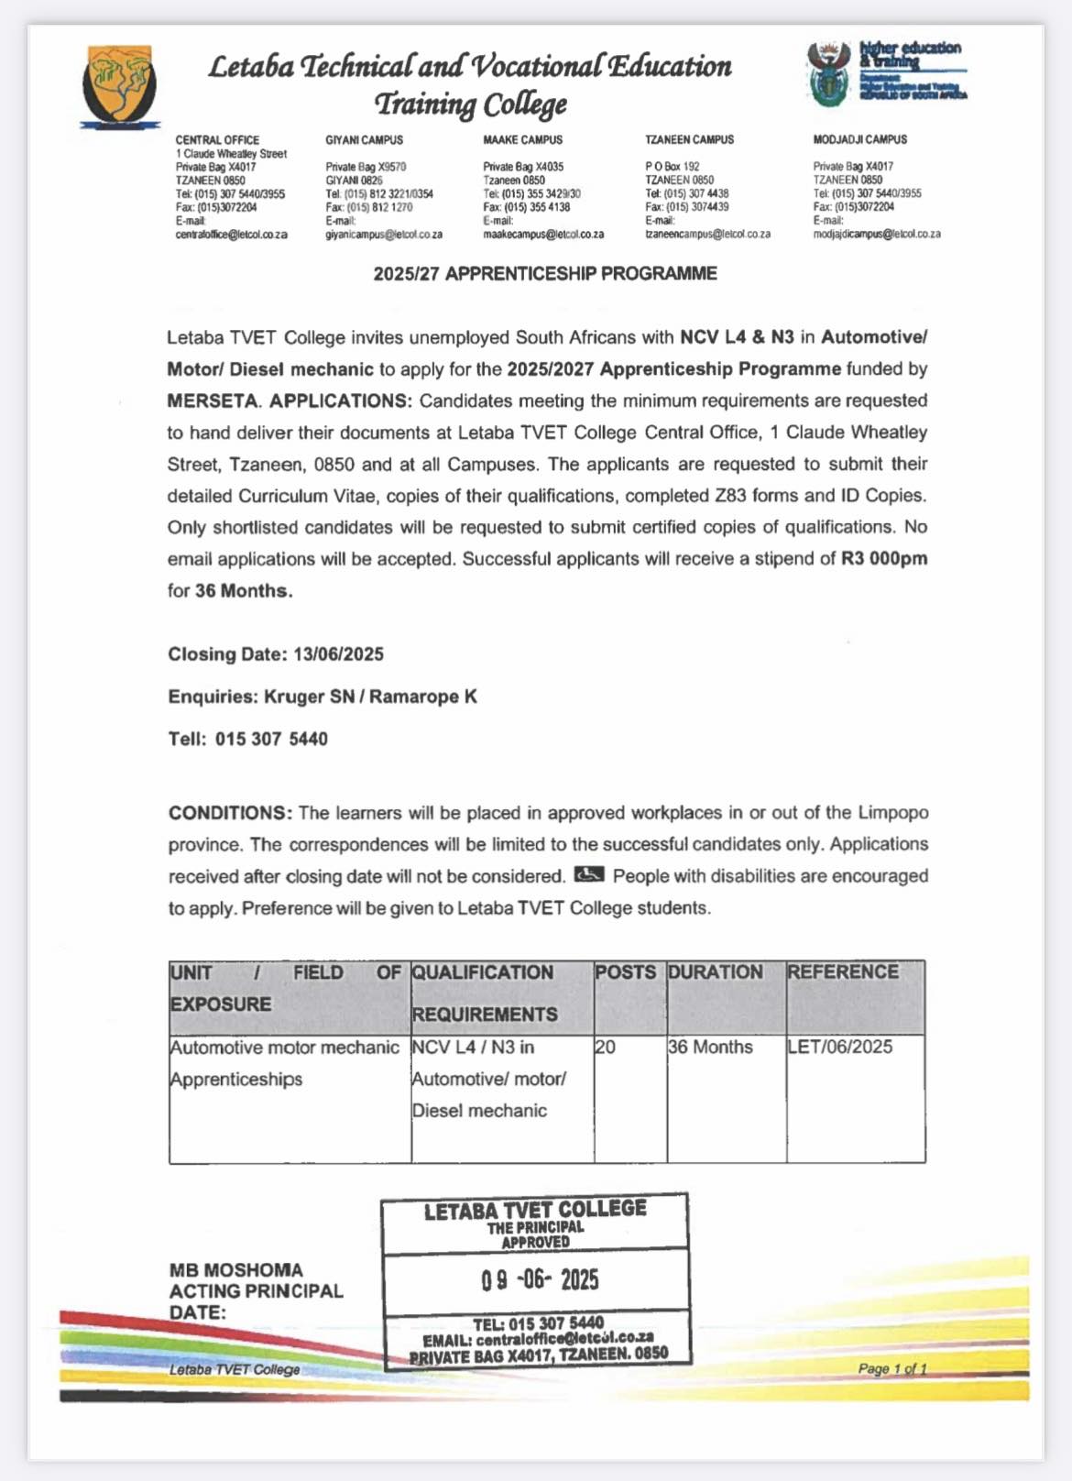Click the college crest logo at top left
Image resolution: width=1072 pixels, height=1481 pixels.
point(120,85)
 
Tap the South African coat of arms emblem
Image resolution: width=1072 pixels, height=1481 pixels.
point(829,73)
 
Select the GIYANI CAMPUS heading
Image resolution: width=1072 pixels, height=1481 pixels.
point(364,140)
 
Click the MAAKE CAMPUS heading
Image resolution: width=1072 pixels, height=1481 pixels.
point(522,140)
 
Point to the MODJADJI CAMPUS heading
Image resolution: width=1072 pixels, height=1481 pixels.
point(859,140)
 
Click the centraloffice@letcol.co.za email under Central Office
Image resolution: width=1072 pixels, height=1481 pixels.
point(231,235)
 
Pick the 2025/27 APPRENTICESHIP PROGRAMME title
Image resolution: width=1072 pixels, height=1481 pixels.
point(545,274)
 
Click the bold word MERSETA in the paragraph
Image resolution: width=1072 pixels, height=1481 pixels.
point(213,400)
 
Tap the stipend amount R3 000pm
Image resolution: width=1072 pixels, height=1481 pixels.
point(884,559)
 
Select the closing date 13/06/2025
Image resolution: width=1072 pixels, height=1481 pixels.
point(338,654)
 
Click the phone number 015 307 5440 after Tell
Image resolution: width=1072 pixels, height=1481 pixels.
point(271,739)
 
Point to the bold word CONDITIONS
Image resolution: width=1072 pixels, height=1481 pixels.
point(230,813)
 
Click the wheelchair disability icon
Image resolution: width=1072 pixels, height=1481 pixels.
point(588,875)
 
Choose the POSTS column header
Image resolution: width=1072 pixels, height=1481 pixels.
point(625,972)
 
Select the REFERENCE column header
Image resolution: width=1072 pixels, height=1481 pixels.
point(843,972)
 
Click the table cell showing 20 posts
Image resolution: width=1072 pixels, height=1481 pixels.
point(606,1048)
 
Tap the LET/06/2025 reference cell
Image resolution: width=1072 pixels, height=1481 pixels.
point(839,1048)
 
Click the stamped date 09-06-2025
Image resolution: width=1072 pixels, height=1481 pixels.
point(540,1279)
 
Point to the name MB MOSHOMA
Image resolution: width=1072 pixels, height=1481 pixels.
point(235,1270)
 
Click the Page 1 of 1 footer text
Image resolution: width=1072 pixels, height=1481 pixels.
point(892,1369)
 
